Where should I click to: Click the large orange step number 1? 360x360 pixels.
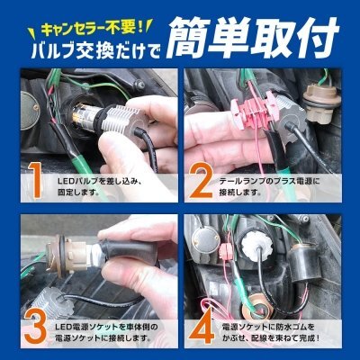pos(37,181)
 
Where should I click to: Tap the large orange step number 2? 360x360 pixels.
pos(200,181)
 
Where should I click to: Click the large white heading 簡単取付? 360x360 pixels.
pos(253,38)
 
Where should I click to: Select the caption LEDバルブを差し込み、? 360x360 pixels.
pos(99,182)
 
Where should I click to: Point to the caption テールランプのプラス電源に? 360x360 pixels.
pos(269,182)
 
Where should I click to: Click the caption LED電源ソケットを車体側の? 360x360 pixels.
pos(107,327)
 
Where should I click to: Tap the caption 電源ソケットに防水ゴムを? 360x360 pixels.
pos(268,327)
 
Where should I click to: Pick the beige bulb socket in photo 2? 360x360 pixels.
pos(317,103)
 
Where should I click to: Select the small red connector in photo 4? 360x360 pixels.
pos(225,251)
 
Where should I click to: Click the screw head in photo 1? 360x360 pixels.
pos(139,85)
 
